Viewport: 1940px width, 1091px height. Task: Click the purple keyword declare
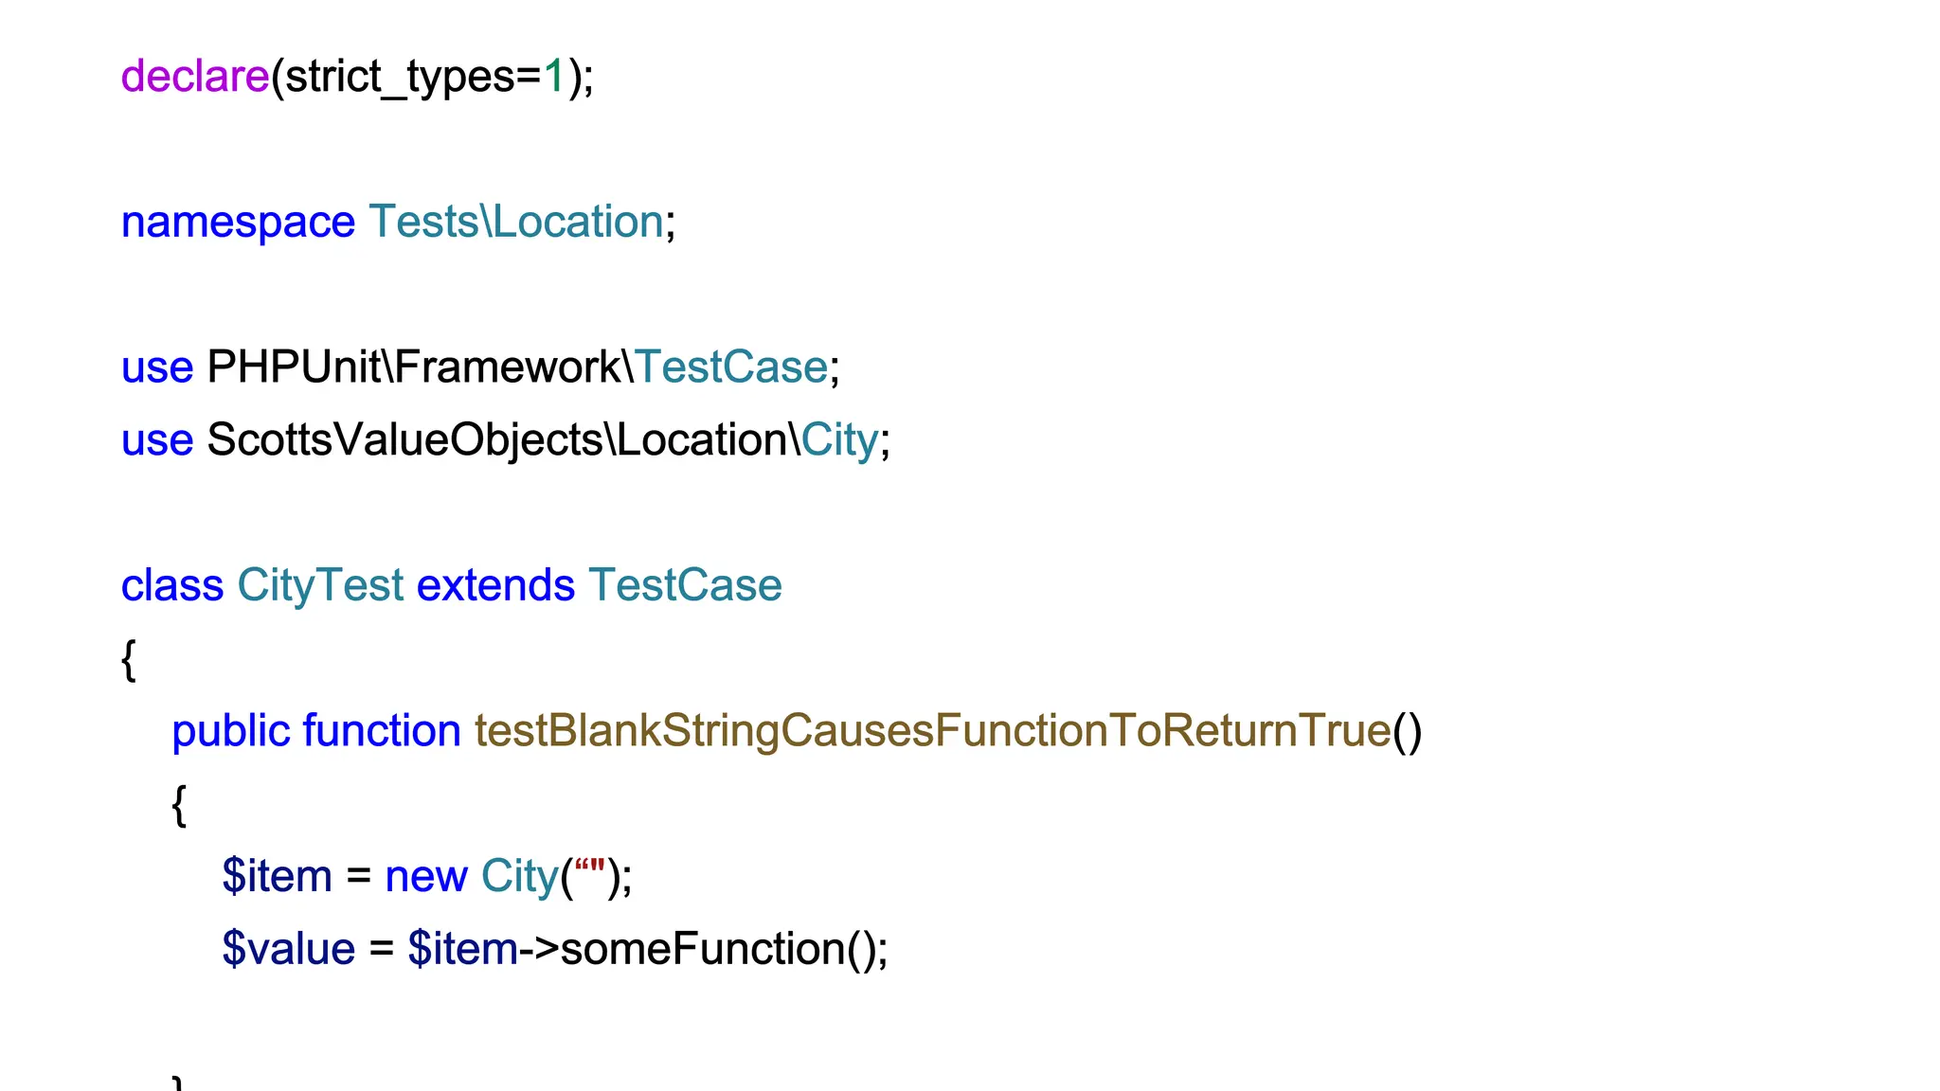[x=194, y=76]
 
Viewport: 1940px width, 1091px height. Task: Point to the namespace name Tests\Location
[x=516, y=222]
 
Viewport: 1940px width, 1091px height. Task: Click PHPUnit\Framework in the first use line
[x=413, y=367]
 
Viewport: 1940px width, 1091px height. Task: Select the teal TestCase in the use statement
[x=731, y=367]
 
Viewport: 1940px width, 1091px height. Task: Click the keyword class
[x=172, y=585]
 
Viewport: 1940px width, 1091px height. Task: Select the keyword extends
[x=495, y=585]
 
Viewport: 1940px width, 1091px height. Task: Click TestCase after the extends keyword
[x=685, y=585]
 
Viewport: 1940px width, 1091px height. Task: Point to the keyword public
[x=230, y=731]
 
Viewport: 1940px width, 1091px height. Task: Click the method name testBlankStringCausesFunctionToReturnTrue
[x=932, y=731]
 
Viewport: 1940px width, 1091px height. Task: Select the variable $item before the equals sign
[x=277, y=876]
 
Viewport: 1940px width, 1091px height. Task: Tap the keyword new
[x=426, y=877]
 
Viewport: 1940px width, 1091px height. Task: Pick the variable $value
[x=288, y=949]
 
